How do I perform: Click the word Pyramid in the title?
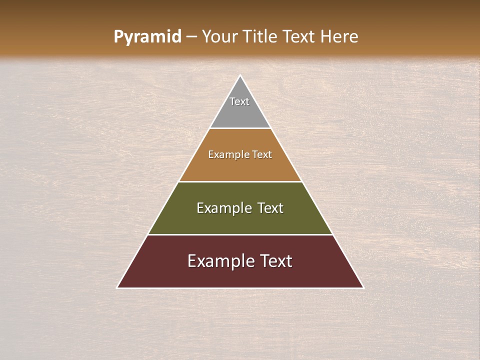(147, 37)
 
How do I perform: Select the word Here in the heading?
(339, 37)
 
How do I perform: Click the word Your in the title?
(219, 37)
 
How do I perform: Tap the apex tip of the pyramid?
(240, 76)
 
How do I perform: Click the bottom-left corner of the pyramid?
(118, 287)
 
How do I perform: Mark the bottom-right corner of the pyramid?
(362, 287)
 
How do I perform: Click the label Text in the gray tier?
(239, 101)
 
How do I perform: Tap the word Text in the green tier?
(270, 208)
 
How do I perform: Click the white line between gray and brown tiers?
(240, 128)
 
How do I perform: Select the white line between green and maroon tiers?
(240, 234)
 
